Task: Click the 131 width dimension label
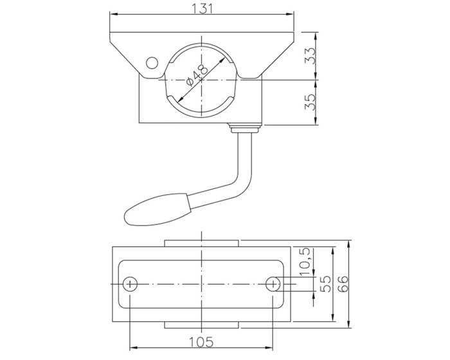point(202,8)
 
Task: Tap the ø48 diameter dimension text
point(197,75)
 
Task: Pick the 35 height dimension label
point(310,102)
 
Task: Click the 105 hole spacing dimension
point(201,342)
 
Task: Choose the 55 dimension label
point(325,284)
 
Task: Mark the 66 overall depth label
point(343,284)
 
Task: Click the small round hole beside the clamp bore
point(152,63)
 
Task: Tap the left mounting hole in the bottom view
point(130,284)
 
